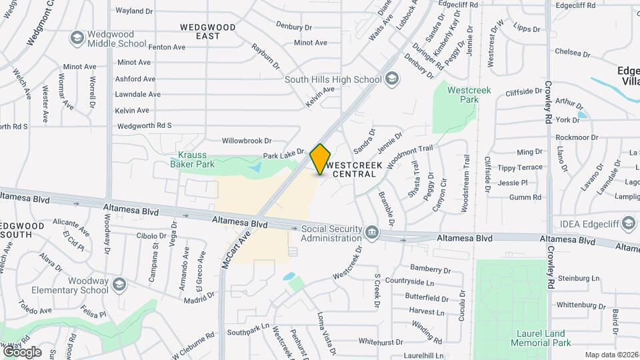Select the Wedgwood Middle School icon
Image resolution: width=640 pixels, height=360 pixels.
77,37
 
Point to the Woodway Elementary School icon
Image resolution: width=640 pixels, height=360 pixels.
119,285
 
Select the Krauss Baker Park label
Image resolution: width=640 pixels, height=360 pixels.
192,159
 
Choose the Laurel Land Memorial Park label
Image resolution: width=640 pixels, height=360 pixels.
541,338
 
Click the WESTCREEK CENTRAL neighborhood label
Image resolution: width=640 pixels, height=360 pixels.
350,168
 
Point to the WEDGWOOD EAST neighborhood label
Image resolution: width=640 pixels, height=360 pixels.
207,31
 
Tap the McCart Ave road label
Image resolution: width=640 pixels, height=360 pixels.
237,249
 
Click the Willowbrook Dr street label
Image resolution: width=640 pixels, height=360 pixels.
247,141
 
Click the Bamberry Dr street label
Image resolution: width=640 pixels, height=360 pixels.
431,269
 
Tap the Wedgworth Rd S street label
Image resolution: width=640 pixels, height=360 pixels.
144,125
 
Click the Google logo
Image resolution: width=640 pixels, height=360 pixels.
22,351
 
